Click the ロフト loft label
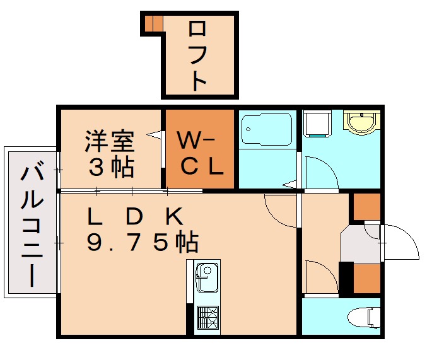point(197,55)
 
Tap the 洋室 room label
point(109,142)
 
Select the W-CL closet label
point(200,153)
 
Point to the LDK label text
point(135,216)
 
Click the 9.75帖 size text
point(143,242)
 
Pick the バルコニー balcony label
point(32,224)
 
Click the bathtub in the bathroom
point(267,129)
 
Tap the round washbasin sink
point(362,122)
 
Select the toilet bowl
point(364,318)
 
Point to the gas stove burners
point(207,318)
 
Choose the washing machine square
point(317,123)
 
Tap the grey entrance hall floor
point(360,243)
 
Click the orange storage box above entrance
point(366,207)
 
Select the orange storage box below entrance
point(366,278)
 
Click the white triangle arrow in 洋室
point(153,135)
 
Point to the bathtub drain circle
point(248,129)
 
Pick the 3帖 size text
point(111,166)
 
